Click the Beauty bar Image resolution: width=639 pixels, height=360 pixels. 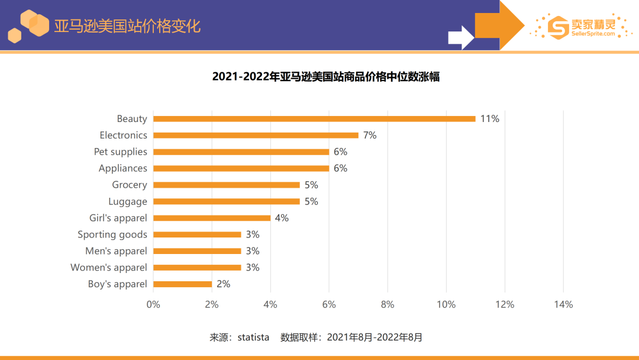pyautogui.click(x=314, y=118)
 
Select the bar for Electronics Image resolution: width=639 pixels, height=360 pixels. pyautogui.click(x=256, y=135)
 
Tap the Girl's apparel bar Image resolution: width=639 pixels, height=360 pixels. pyautogui.click(x=212, y=218)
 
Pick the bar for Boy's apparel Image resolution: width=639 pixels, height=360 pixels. pyautogui.click(x=182, y=284)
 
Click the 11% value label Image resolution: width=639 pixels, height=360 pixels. pyautogui.click(x=489, y=118)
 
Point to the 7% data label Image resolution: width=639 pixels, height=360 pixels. pyautogui.click(x=370, y=135)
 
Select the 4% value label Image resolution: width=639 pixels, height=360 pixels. pyautogui.click(x=282, y=218)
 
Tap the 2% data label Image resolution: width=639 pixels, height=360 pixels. pyautogui.click(x=223, y=284)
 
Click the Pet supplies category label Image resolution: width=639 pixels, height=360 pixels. pyautogui.click(x=120, y=152)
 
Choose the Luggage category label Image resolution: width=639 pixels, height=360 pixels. pyautogui.click(x=127, y=201)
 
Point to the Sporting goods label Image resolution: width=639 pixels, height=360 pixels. pyautogui.click(x=112, y=234)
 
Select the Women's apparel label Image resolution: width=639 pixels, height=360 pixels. pyautogui.click(x=109, y=268)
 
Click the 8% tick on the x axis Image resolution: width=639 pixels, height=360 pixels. pyautogui.click(x=388, y=304)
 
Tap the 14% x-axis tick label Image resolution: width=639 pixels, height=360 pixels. pyautogui.click(x=563, y=304)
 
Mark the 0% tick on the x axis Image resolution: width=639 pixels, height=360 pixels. pyautogui.click(x=153, y=304)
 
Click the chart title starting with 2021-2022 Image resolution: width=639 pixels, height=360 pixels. pyautogui.click(x=326, y=77)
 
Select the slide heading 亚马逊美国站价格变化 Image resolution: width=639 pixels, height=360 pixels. pyautogui.click(x=127, y=26)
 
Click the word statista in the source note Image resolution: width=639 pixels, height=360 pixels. pyautogui.click(x=253, y=337)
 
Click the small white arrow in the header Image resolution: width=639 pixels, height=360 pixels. pyautogui.click(x=460, y=37)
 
